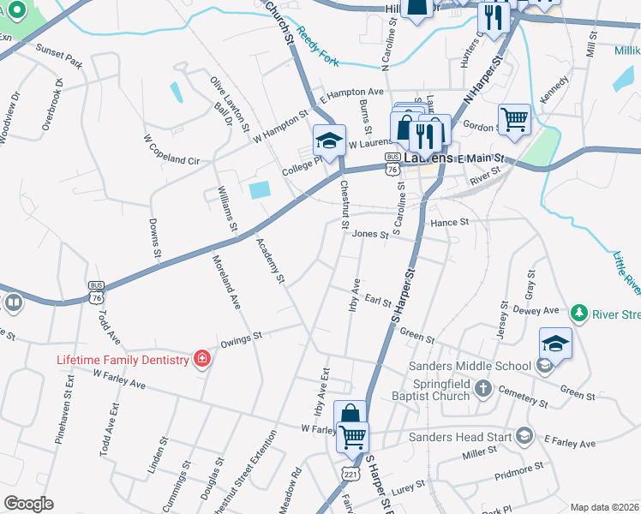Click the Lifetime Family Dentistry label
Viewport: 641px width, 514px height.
[x=123, y=360]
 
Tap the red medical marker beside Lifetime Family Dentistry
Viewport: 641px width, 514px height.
[x=201, y=358]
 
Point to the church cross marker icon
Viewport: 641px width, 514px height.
[x=483, y=389]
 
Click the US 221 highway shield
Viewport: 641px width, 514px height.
[x=350, y=474]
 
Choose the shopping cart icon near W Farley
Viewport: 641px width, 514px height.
[x=352, y=437]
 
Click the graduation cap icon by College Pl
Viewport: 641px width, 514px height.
[x=329, y=140]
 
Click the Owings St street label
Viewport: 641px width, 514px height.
[x=240, y=340]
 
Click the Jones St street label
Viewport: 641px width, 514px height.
[x=364, y=233]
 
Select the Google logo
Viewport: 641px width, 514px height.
[x=28, y=504]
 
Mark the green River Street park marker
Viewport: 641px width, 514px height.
[x=580, y=312]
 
